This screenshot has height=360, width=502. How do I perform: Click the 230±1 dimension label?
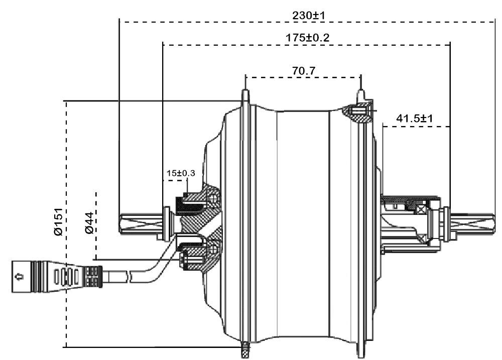[309, 16]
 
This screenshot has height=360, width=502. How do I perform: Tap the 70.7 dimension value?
[303, 71]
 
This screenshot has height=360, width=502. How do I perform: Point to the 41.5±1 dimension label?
[415, 119]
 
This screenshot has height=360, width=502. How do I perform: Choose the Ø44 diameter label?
[88, 223]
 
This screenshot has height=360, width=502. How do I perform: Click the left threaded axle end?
[141, 223]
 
